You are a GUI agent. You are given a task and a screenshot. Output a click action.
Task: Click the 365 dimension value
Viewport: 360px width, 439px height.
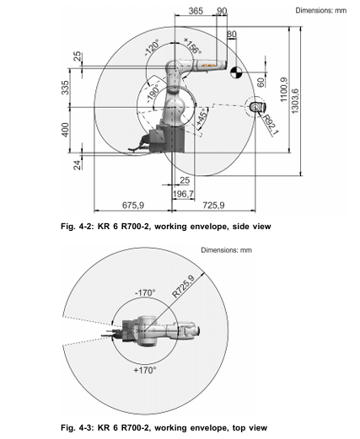(196, 11)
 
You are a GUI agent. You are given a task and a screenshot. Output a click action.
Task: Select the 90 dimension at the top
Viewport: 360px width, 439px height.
(222, 11)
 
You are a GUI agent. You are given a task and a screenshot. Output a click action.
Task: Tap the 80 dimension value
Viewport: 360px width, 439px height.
(232, 34)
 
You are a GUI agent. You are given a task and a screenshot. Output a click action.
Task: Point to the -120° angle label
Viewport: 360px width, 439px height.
(152, 48)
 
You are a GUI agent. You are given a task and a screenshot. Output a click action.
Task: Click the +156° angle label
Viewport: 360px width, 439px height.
(193, 46)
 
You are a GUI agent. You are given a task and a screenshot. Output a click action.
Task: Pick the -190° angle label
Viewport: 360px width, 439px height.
(153, 94)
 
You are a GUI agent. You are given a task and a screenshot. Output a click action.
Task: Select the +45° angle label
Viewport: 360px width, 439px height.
(202, 117)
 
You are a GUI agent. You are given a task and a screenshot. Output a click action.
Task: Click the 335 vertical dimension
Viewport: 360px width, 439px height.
(65, 88)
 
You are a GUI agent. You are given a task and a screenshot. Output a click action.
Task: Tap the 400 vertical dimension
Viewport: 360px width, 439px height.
(65, 130)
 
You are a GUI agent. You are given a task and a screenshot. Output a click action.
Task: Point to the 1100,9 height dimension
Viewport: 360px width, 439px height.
(284, 89)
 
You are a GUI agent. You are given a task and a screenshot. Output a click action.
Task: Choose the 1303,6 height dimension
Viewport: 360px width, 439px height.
(295, 101)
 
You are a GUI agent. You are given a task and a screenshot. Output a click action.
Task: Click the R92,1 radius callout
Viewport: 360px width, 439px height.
(271, 125)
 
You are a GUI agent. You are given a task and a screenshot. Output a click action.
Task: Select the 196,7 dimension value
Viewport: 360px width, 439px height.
(183, 194)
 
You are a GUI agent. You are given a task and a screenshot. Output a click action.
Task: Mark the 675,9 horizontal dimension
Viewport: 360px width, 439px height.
(133, 206)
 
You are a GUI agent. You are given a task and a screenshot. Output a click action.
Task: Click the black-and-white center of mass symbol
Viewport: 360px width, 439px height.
(236, 72)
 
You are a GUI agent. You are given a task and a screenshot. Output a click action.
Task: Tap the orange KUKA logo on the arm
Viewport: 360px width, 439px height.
(208, 65)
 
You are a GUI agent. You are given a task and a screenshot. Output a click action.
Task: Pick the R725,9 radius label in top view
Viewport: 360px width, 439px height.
(183, 286)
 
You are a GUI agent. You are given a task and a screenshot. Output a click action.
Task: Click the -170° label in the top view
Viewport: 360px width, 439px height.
(145, 292)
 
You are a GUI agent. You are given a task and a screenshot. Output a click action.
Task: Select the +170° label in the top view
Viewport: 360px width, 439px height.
(145, 370)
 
